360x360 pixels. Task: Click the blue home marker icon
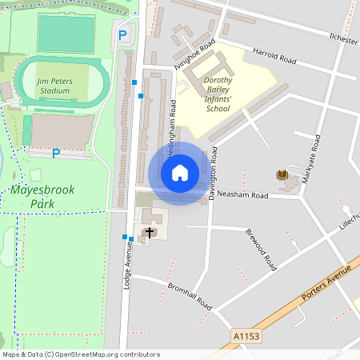tap(180, 173)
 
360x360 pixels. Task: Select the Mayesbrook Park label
tap(38, 198)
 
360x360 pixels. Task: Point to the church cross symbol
tap(149, 232)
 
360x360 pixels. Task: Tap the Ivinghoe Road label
tap(196, 57)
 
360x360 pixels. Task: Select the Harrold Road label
tap(274, 57)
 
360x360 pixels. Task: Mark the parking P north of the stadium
tap(122, 34)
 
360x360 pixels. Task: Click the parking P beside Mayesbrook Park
tap(55, 153)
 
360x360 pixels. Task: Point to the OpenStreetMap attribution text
tap(81, 354)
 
